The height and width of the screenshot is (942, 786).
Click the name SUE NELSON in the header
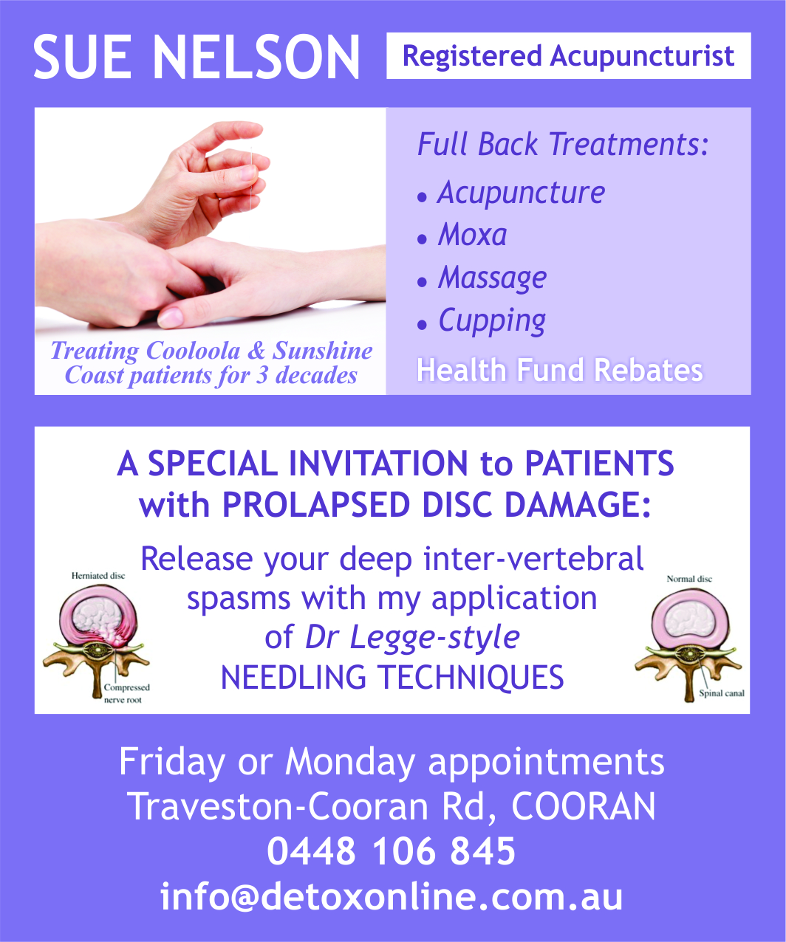(x=196, y=58)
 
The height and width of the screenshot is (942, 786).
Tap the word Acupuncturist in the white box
(x=642, y=56)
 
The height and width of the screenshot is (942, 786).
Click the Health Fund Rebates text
(x=560, y=370)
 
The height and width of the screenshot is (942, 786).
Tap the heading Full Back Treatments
(x=562, y=145)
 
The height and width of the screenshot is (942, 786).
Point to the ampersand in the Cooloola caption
(x=256, y=350)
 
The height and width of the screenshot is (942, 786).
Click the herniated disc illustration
(x=96, y=640)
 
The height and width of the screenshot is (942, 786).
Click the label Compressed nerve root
(x=126, y=693)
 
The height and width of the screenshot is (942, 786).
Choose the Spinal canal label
(x=722, y=693)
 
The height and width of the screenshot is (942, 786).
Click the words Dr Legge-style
(x=412, y=638)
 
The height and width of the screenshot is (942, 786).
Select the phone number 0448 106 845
(x=391, y=851)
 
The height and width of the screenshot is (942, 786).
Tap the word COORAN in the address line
(x=584, y=807)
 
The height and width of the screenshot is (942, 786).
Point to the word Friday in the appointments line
(x=171, y=763)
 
